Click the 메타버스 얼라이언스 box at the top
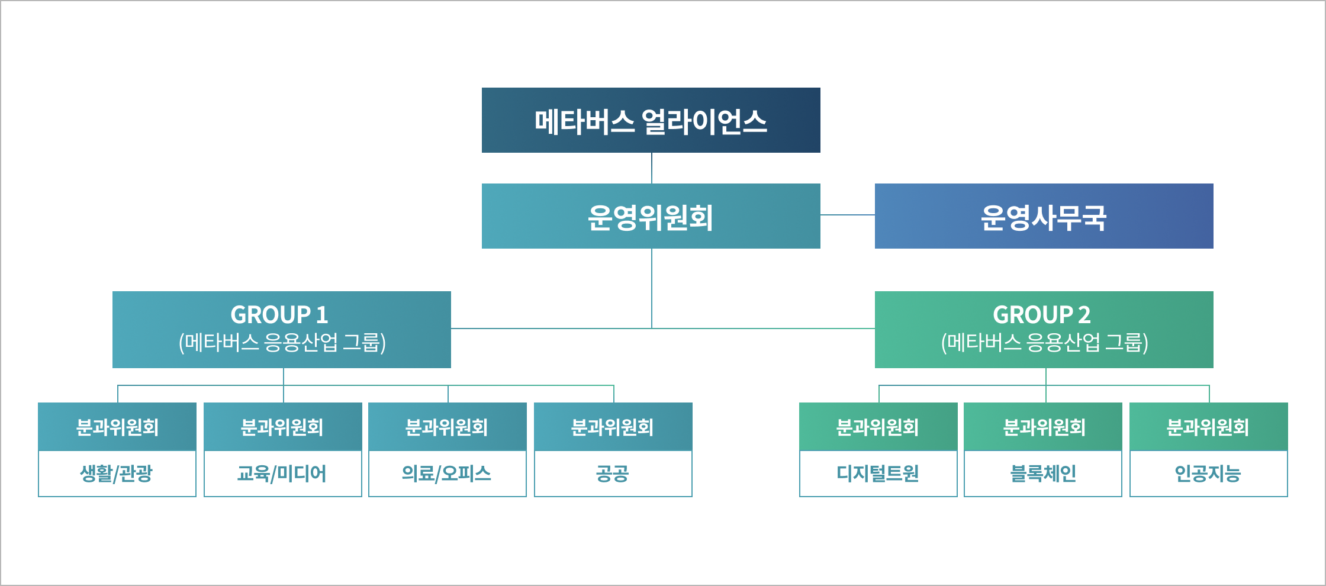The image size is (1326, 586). click(651, 121)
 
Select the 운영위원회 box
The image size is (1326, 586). click(651, 217)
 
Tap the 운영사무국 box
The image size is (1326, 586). click(1044, 217)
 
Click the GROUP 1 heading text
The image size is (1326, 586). click(279, 315)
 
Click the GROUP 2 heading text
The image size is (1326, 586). click(1041, 315)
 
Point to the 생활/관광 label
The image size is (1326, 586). click(117, 474)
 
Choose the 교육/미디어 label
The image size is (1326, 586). click(282, 474)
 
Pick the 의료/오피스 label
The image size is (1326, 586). click(447, 474)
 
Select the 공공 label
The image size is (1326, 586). click(612, 474)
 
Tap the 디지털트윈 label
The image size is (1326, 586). click(877, 474)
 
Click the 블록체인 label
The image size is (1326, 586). click(1042, 474)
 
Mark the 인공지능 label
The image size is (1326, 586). click(1208, 474)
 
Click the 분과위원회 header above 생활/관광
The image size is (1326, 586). click(117, 427)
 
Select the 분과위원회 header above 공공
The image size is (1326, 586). click(612, 427)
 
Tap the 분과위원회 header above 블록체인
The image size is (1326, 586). click(1044, 427)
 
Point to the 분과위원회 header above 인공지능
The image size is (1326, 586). click(1208, 427)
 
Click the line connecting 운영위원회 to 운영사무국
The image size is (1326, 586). click(847, 215)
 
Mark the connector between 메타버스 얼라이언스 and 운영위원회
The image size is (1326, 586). click(652, 168)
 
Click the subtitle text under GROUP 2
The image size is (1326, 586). click(1044, 343)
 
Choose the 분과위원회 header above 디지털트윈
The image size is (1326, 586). click(877, 427)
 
